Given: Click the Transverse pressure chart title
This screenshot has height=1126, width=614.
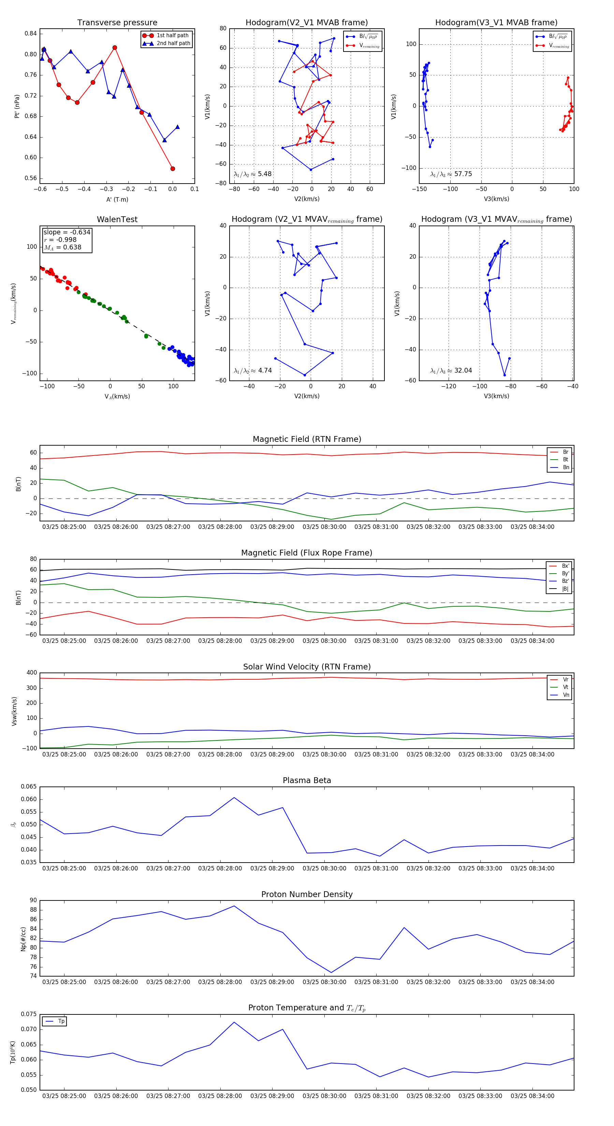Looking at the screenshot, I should point(117,23).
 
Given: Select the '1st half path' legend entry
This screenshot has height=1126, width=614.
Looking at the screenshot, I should point(172,35).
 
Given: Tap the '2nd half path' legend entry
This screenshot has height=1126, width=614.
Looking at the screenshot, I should point(173,43).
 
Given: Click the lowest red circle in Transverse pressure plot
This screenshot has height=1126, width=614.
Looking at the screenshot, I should point(173,169).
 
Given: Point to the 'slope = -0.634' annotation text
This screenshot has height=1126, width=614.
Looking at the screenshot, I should point(67,232).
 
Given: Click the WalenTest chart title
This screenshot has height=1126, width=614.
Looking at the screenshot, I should point(117,219).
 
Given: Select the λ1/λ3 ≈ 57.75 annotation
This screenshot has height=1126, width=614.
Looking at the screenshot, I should point(451,174).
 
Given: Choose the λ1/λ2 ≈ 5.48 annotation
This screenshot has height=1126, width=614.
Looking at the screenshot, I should point(252,174).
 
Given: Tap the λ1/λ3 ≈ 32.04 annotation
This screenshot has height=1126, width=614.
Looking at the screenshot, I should point(451,371).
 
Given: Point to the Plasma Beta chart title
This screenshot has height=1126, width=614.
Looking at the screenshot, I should point(307,781).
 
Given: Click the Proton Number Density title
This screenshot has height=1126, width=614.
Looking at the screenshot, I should point(307,894).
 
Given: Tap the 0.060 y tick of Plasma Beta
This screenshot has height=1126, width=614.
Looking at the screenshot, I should point(29,799).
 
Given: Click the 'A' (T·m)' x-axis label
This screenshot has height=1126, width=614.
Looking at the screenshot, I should point(117,199).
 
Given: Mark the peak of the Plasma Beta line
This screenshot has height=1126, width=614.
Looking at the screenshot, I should point(234,798).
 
